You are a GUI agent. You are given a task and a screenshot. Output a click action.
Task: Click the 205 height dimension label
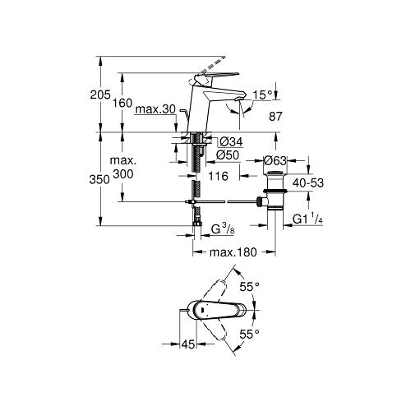click(100, 95)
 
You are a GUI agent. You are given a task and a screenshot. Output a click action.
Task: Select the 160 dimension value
click(122, 103)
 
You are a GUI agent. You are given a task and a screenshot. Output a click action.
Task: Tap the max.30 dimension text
click(155, 109)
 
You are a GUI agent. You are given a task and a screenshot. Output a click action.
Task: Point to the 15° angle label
click(263, 95)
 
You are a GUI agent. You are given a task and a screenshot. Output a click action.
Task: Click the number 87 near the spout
click(275, 116)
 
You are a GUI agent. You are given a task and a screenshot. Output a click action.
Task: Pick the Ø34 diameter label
click(231, 141)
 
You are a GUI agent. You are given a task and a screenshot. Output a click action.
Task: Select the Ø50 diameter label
click(228, 155)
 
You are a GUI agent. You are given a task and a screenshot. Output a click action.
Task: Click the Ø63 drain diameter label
click(275, 160)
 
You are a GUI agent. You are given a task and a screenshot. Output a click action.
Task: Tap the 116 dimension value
click(219, 176)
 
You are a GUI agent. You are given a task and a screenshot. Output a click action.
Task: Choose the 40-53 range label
click(308, 182)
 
